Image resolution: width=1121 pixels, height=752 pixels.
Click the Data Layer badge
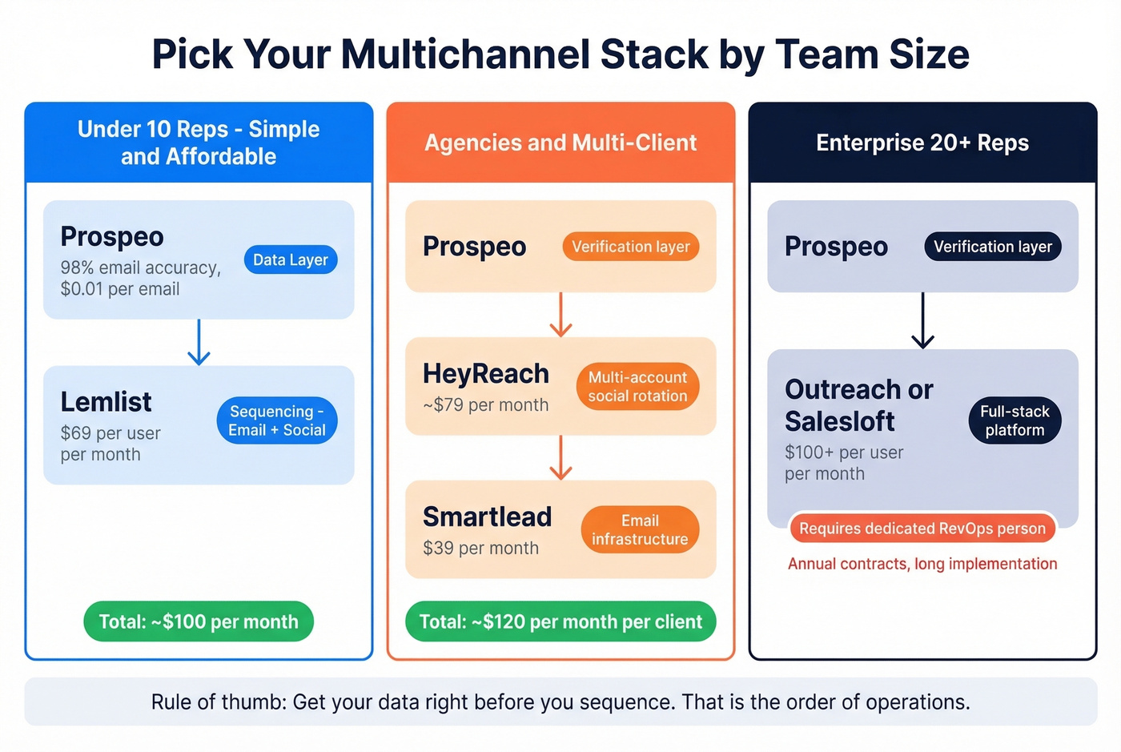pos(291,259)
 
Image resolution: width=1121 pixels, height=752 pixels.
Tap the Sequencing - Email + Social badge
pos(277,420)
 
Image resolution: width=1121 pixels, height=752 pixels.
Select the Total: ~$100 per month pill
pos(199,621)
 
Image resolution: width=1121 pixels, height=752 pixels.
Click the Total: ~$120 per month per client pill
pos(560,621)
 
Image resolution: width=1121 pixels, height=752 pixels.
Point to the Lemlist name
pos(106,402)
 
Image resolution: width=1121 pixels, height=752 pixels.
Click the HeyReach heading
pos(486,374)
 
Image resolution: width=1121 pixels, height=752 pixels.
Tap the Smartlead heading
pos(487,517)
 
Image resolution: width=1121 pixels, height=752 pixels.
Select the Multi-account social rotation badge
pos(637,387)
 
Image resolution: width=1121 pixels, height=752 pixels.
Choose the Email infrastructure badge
pos(640,529)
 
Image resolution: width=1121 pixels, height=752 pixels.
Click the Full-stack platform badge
pos(1015,420)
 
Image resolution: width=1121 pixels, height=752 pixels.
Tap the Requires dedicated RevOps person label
pos(922,529)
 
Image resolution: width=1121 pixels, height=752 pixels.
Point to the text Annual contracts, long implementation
pos(922,564)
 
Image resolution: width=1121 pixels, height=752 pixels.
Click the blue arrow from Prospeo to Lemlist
pos(199,343)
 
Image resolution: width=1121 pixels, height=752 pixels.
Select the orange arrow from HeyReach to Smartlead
pos(560,458)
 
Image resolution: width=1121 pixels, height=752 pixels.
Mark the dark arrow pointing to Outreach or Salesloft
pos(922,320)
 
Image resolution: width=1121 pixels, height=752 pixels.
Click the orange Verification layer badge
pos(631,247)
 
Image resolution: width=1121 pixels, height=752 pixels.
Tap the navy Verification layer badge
pos(993,247)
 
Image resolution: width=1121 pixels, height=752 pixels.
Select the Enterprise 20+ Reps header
pos(922,143)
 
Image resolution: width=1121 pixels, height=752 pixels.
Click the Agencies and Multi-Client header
pos(560,143)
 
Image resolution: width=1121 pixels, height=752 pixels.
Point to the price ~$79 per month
pos(486,405)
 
